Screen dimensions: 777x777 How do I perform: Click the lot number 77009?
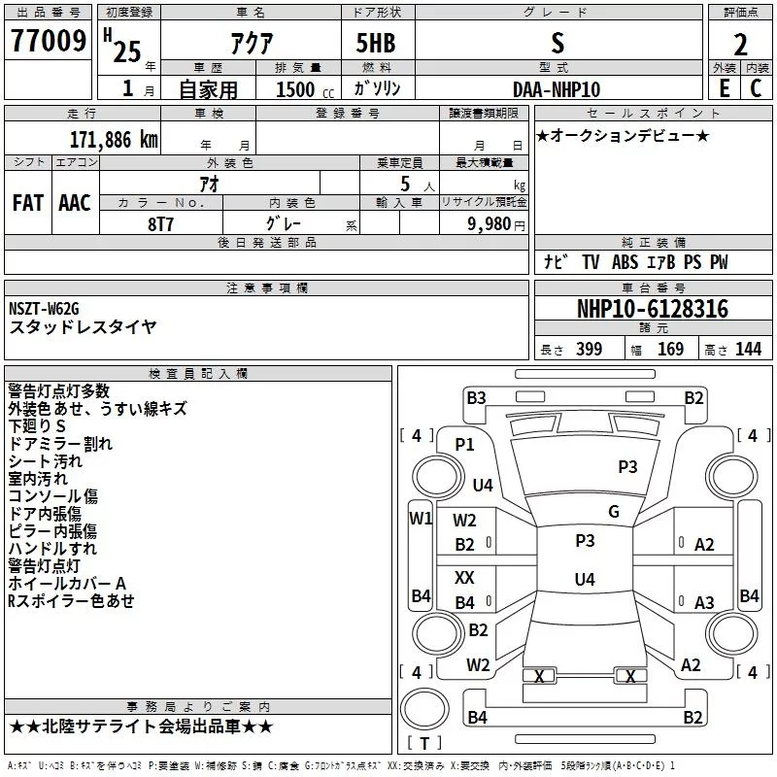48,41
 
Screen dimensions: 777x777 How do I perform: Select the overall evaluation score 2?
740,44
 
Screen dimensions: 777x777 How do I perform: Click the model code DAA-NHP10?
557,89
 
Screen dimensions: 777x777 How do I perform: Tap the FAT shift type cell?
28,202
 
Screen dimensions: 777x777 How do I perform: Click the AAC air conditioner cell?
74,202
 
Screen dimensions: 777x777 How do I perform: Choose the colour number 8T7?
161,223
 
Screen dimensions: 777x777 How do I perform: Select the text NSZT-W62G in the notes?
45,309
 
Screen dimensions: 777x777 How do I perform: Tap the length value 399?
589,350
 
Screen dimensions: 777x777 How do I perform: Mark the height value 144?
748,350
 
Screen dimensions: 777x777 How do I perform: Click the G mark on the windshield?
614,512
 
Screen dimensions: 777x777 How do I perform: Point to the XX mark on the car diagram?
465,577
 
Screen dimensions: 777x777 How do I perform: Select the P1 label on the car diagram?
465,444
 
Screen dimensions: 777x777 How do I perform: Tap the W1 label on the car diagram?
420,519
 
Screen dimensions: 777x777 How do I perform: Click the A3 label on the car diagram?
704,603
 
